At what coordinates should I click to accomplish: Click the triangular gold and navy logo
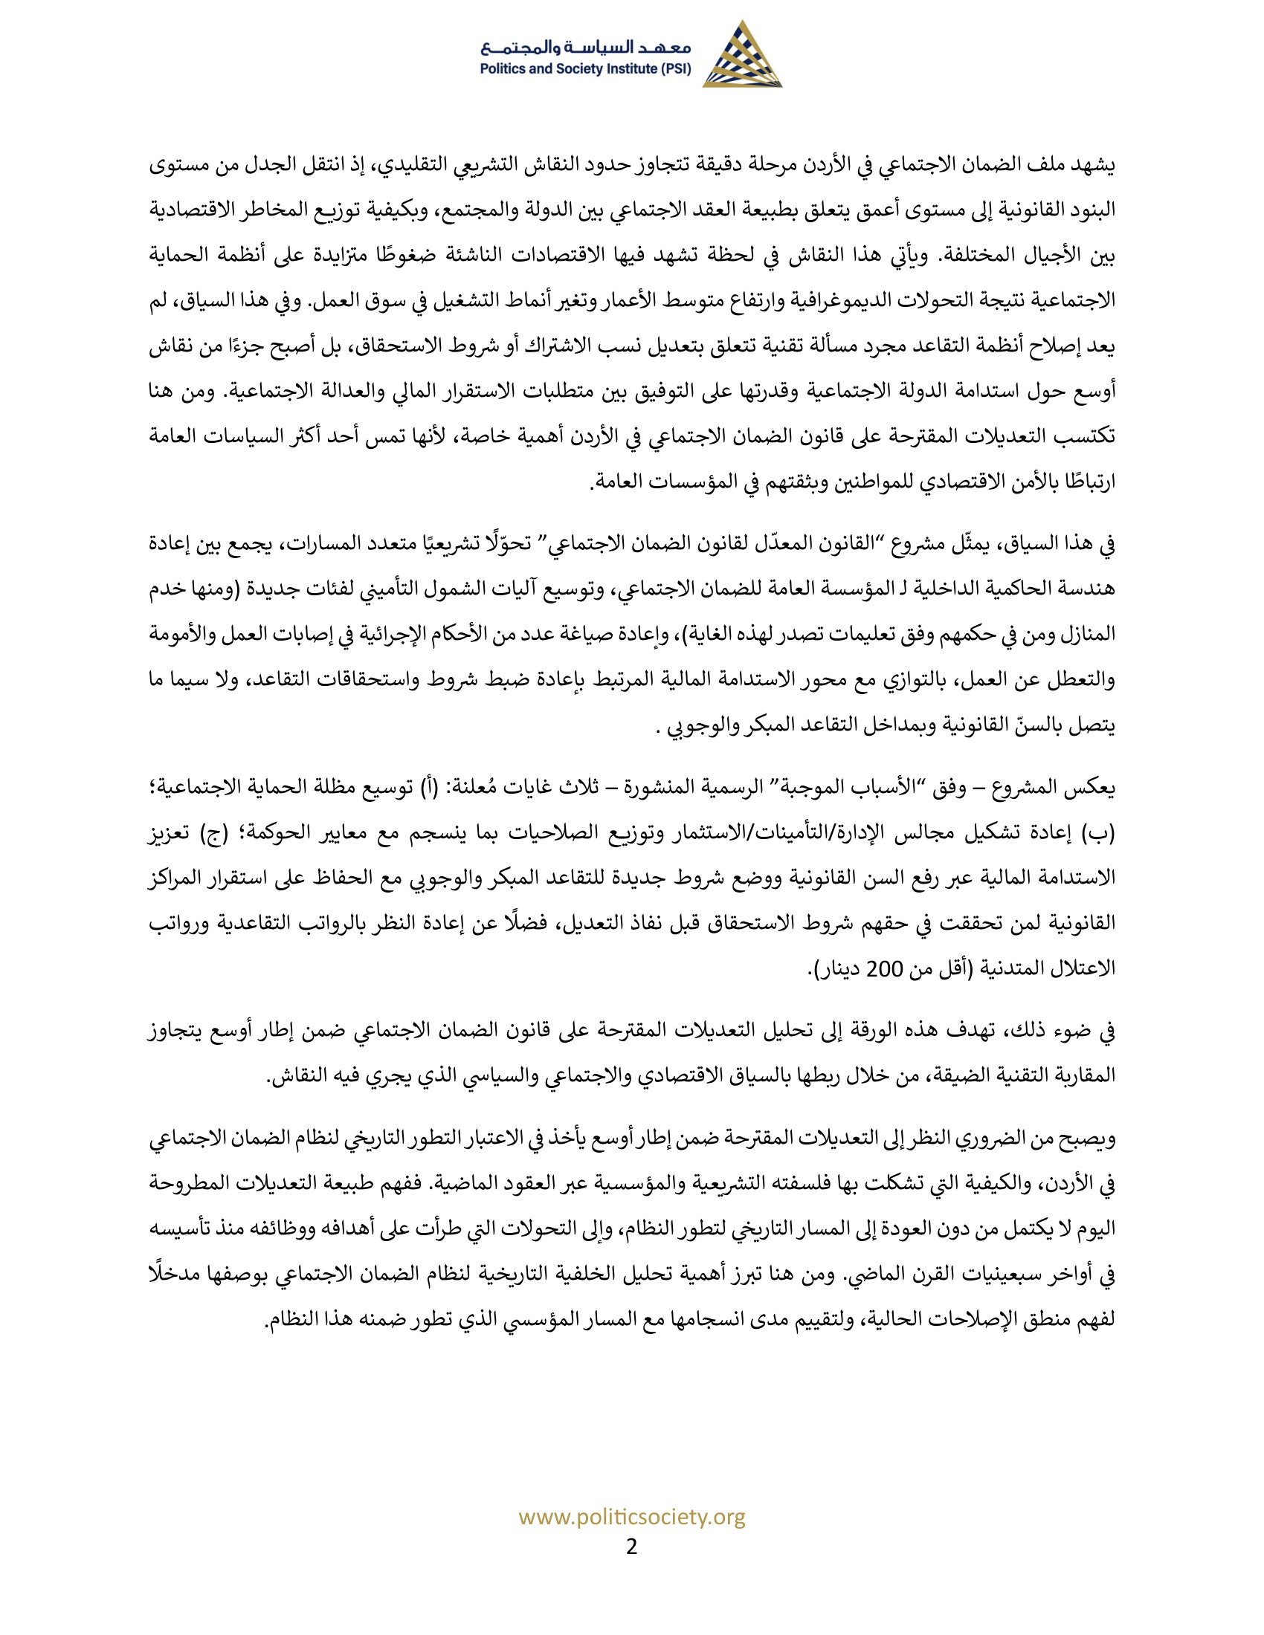[x=741, y=55]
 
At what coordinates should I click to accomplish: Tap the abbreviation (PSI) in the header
[x=673, y=70]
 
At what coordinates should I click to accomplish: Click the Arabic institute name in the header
[x=587, y=48]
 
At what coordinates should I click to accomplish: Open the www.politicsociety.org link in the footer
[x=632, y=1518]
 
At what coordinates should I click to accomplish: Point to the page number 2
[x=631, y=1546]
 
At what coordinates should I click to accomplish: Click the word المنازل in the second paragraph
[x=1090, y=635]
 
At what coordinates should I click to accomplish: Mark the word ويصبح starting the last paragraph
[x=1089, y=1139]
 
